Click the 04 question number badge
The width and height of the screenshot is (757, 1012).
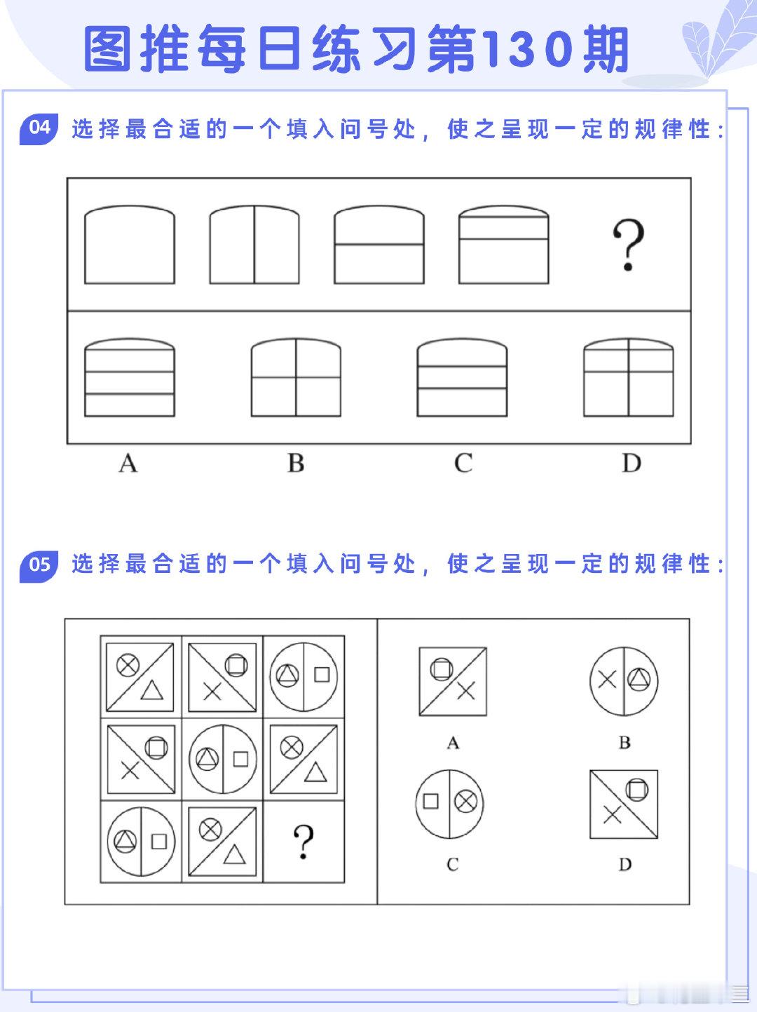coord(39,128)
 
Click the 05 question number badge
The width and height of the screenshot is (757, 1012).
coord(39,566)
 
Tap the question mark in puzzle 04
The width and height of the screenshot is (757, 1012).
coord(628,245)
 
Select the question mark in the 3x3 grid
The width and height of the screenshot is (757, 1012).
coord(304,842)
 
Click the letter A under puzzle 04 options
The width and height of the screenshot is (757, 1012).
coord(128,463)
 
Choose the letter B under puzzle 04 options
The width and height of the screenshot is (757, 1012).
coord(296,463)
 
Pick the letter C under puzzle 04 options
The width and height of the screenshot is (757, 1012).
coord(463,463)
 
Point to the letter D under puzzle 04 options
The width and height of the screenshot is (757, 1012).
coord(632,463)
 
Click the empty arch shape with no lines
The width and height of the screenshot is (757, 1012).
coord(130,245)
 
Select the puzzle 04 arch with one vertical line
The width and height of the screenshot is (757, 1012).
coord(254,245)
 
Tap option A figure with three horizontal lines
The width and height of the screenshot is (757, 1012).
coord(130,377)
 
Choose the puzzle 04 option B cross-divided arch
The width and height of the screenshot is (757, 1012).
coord(296,377)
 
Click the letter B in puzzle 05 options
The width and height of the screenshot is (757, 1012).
coord(625,743)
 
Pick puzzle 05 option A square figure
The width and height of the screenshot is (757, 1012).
coord(453,682)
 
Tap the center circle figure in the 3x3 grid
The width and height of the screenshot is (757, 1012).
coord(223,759)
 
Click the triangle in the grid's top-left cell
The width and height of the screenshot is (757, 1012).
coord(152,691)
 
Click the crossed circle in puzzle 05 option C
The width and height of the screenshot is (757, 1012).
coord(466,801)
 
